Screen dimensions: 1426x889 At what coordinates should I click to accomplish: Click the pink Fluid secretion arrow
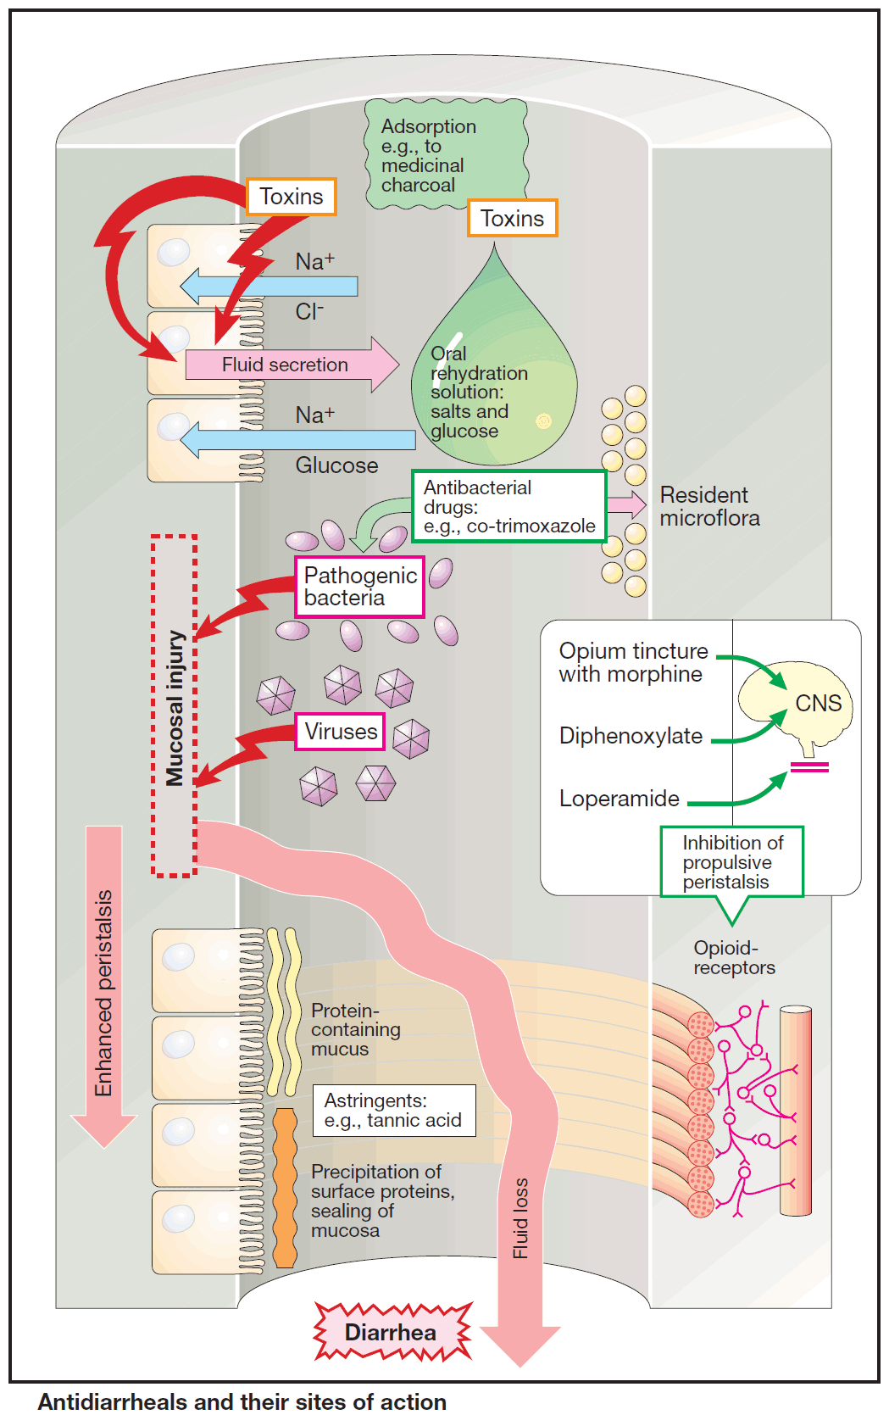[288, 365]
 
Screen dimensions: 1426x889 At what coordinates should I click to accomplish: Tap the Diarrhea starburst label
[391, 1333]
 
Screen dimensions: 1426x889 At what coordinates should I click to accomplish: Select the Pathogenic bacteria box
[359, 587]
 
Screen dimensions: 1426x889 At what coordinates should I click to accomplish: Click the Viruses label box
[340, 732]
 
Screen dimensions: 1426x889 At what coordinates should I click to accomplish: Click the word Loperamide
[620, 799]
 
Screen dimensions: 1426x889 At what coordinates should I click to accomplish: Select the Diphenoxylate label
[631, 736]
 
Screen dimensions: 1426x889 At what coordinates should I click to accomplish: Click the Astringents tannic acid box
[394, 1111]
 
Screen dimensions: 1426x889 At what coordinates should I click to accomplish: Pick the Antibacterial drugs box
[508, 507]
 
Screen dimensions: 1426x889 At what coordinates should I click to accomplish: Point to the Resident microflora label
[709, 507]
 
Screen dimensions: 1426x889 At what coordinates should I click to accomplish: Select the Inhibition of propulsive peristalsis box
[732, 862]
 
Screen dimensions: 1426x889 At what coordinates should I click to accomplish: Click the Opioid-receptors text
[734, 958]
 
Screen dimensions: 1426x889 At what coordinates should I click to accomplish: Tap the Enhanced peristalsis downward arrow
[104, 983]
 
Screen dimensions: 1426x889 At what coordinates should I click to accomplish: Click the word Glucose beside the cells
[336, 465]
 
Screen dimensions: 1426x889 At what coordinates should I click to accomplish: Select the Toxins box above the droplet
[512, 218]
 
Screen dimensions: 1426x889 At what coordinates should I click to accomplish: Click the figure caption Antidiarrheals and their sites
[242, 1402]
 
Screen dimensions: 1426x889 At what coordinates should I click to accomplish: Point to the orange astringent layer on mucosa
[286, 1187]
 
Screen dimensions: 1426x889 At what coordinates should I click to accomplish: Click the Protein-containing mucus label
[355, 1029]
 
